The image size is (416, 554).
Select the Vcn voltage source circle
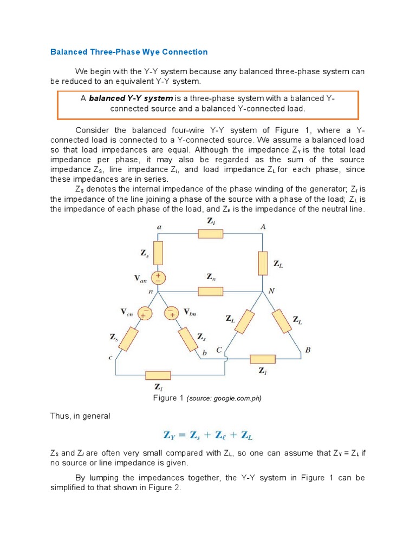coord(145,313)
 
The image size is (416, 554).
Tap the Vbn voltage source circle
coord(172,313)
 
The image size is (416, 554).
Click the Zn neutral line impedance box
coord(211,292)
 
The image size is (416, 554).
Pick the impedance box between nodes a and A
coord(210,234)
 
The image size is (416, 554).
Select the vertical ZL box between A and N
coord(263,263)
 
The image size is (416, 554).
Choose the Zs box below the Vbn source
coord(188,339)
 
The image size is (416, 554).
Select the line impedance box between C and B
coord(262,358)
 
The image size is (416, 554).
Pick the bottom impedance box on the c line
coord(158,375)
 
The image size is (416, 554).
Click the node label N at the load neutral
coord(272,291)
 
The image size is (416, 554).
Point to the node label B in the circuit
coord(308,350)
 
